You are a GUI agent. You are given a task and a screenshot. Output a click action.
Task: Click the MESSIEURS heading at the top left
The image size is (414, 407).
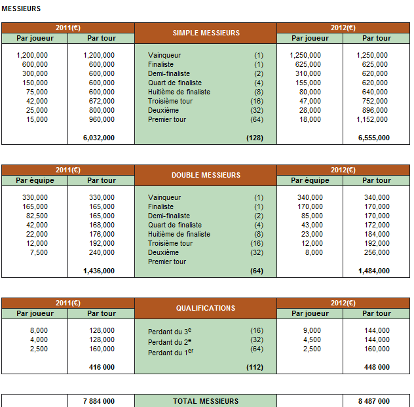point(21,9)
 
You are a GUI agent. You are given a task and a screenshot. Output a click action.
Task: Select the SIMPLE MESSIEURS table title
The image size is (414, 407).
point(206,33)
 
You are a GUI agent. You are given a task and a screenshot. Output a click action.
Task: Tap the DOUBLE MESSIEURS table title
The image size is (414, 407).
point(206,175)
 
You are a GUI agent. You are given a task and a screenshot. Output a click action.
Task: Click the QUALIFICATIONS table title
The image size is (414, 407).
point(206,308)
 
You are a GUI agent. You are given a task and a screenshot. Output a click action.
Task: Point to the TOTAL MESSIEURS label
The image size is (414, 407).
point(206,401)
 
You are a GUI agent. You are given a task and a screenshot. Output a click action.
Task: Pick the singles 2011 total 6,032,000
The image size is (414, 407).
point(99,138)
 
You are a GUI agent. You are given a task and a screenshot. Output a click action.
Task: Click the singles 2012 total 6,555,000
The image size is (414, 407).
point(374,138)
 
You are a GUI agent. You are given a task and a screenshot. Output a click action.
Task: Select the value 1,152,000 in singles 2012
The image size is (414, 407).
point(374,120)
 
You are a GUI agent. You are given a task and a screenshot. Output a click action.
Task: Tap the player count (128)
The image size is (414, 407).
point(254,138)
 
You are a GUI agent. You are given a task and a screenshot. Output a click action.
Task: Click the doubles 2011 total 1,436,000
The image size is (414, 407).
point(99,271)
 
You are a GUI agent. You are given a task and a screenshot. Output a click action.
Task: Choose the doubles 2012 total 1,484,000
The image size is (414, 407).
point(374,271)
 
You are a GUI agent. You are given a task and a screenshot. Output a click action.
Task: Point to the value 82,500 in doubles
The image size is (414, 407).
point(35,216)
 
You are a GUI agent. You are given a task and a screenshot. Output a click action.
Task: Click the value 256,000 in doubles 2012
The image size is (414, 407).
point(376,252)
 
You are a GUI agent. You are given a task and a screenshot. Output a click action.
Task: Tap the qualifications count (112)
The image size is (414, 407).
point(254,367)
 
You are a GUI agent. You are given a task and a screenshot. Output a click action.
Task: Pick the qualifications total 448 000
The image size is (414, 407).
point(377,367)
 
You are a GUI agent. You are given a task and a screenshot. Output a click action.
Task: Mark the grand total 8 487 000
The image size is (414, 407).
point(374,401)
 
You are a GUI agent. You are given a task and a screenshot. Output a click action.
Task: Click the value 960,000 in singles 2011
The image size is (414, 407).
point(101,120)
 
